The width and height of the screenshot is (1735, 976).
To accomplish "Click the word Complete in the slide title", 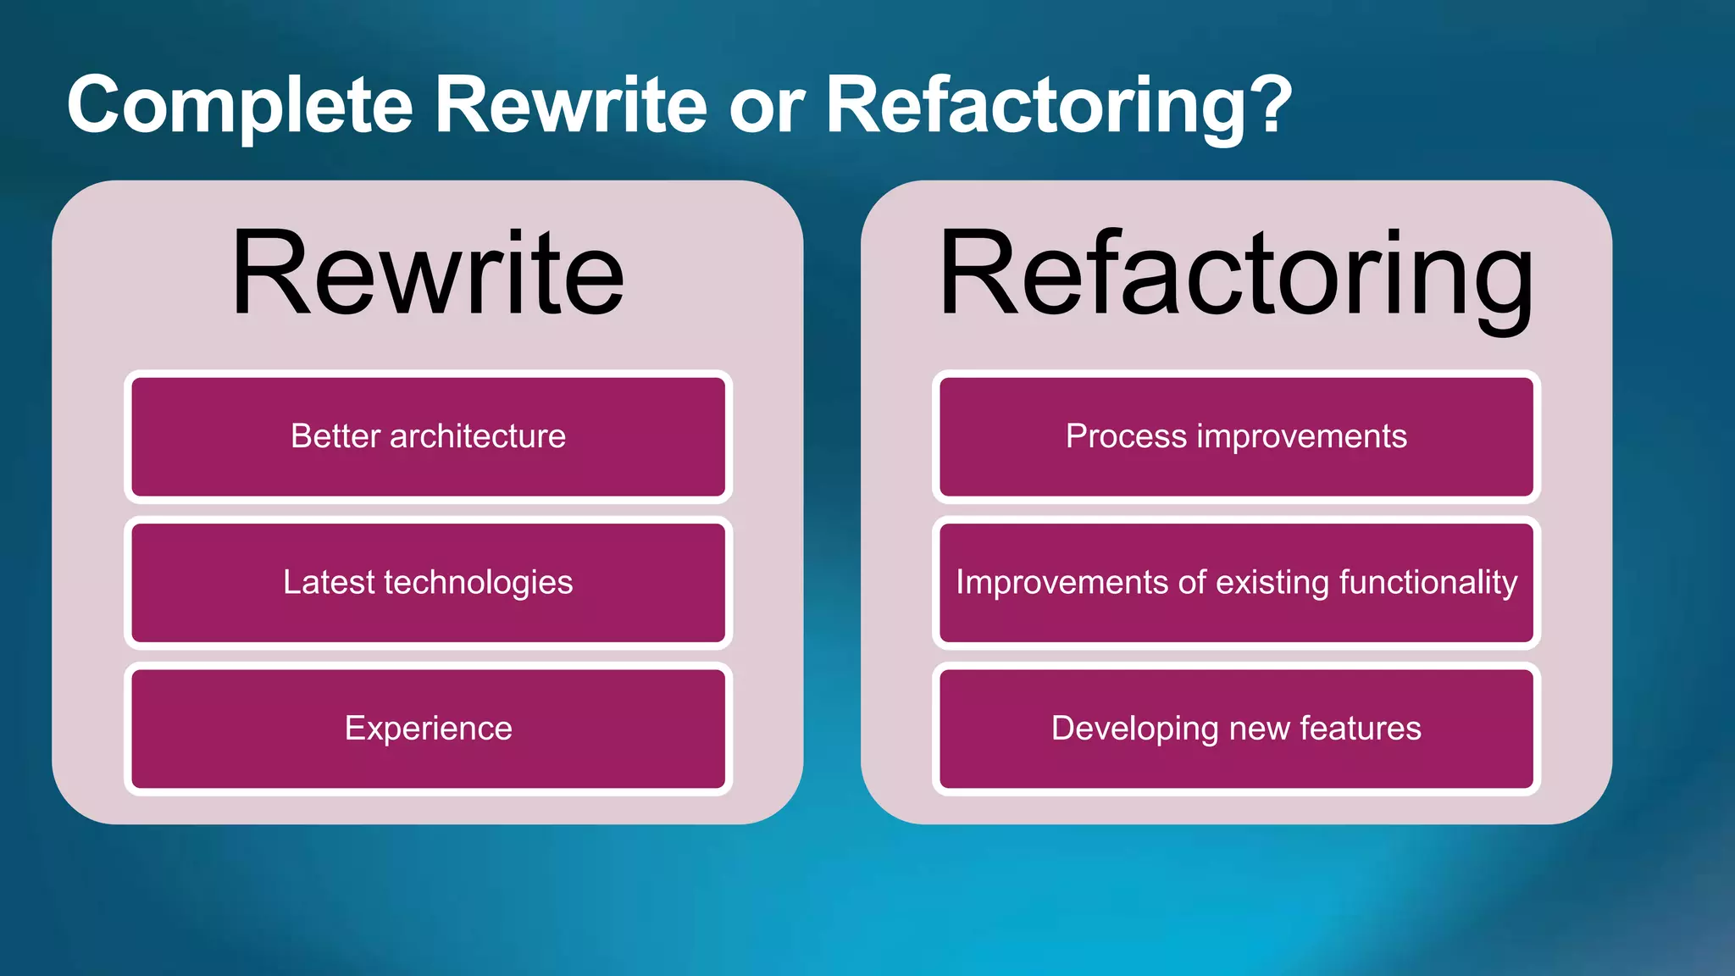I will [240, 105].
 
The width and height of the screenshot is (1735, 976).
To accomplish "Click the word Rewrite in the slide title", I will [570, 105].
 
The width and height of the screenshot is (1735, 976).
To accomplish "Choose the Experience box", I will [428, 729].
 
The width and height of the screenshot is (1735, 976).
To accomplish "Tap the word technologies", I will [479, 583].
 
